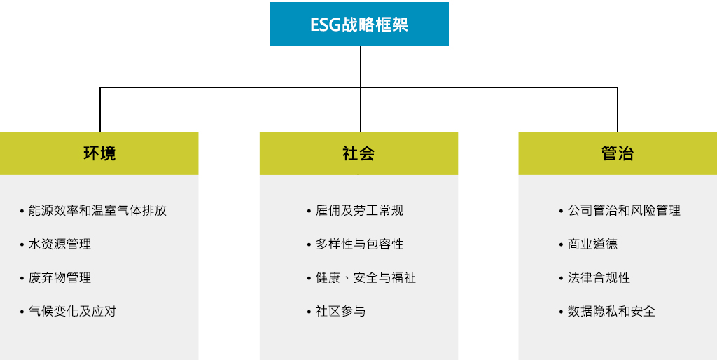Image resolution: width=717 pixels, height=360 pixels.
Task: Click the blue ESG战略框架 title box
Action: (359, 24)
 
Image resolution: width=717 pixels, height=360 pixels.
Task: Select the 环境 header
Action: (99, 153)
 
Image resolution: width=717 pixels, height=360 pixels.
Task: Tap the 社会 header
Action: (358, 153)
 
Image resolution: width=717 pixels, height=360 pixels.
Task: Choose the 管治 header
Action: (618, 153)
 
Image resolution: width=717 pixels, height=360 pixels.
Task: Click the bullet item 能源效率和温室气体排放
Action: (97, 210)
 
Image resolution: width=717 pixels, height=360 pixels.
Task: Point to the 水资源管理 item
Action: (60, 244)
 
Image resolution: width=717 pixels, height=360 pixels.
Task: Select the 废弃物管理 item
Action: (60, 277)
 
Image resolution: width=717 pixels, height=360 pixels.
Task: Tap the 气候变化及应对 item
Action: (72, 312)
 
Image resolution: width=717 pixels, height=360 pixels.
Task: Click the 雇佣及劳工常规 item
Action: (359, 210)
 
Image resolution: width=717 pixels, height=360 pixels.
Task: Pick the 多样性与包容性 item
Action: (359, 244)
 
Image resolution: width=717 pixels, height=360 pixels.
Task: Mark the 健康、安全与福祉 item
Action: (366, 277)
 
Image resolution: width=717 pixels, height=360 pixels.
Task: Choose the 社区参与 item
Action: (341, 312)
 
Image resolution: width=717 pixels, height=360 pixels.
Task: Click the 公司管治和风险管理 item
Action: (624, 210)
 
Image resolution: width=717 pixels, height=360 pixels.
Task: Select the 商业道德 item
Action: (592, 244)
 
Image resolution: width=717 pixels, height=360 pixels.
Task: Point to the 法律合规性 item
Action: (599, 277)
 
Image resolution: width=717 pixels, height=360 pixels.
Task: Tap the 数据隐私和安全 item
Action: (611, 312)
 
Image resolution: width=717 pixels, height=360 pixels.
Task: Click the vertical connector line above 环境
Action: (100, 109)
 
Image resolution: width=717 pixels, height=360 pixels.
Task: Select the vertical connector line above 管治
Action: (618, 109)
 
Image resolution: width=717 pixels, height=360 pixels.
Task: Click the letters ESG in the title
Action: (326, 25)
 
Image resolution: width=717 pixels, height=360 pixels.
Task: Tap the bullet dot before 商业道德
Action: (561, 245)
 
